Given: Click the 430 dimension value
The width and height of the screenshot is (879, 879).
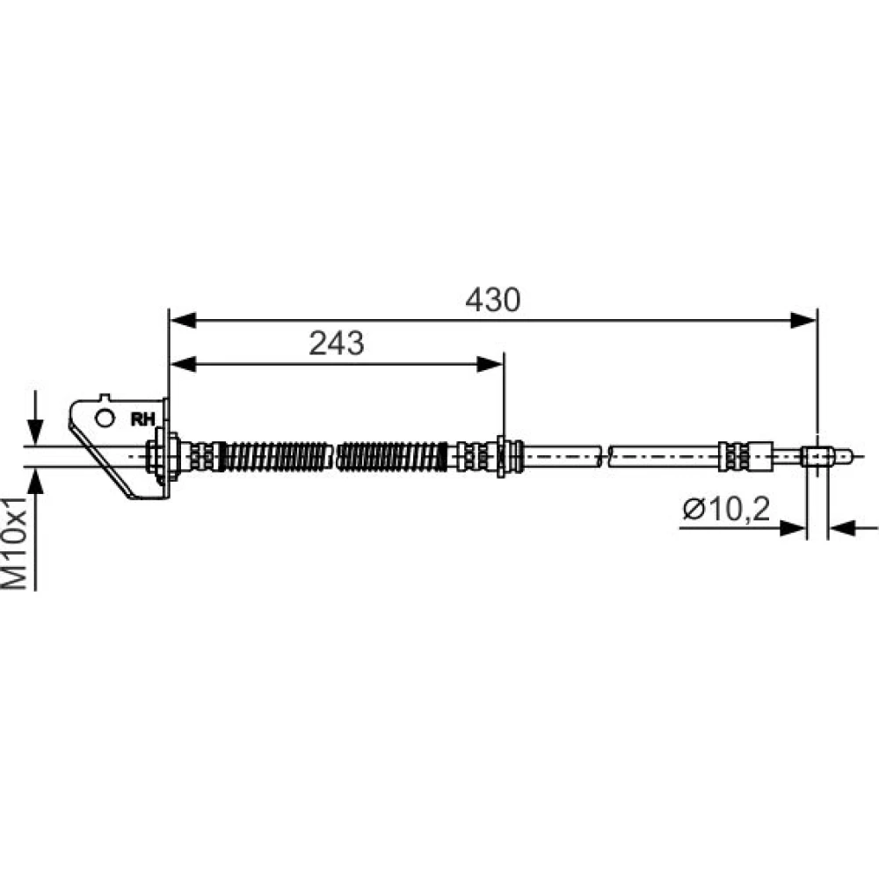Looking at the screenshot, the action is point(493,300).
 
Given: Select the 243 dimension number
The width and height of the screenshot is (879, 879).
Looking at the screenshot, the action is point(337,343).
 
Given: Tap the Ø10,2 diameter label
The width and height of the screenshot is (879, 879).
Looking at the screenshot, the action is point(726,509).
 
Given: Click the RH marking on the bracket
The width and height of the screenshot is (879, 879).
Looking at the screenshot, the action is point(142,419).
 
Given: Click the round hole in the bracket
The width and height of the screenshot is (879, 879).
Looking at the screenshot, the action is point(105,418).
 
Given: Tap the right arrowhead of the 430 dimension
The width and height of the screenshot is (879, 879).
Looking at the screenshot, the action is point(803,321).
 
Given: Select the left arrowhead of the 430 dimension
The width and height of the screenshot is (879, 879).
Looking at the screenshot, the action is point(183,321).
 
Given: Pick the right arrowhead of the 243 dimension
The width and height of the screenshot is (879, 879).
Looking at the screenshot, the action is point(490,365).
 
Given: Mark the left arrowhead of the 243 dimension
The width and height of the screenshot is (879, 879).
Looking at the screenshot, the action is point(183,365).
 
